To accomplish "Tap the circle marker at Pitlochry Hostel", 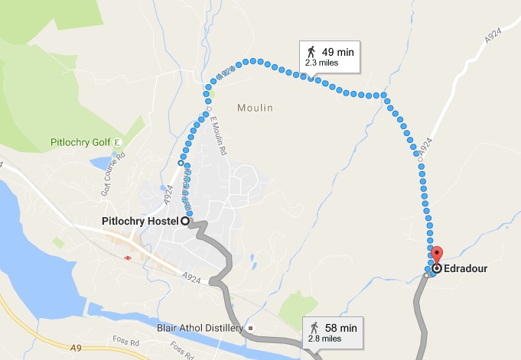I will click(184, 221).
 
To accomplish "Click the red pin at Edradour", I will click(436, 255).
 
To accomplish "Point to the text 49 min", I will click(339, 52).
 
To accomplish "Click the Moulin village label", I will click(255, 108).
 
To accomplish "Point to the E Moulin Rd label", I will click(215, 138).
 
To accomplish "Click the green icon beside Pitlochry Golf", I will click(117, 142).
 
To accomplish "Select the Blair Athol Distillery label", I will click(199, 329).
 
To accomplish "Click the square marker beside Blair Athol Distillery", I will click(250, 329).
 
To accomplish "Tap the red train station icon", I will click(125, 258).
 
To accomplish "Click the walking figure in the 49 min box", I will click(311, 52).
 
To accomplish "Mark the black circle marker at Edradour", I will click(436, 269).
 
